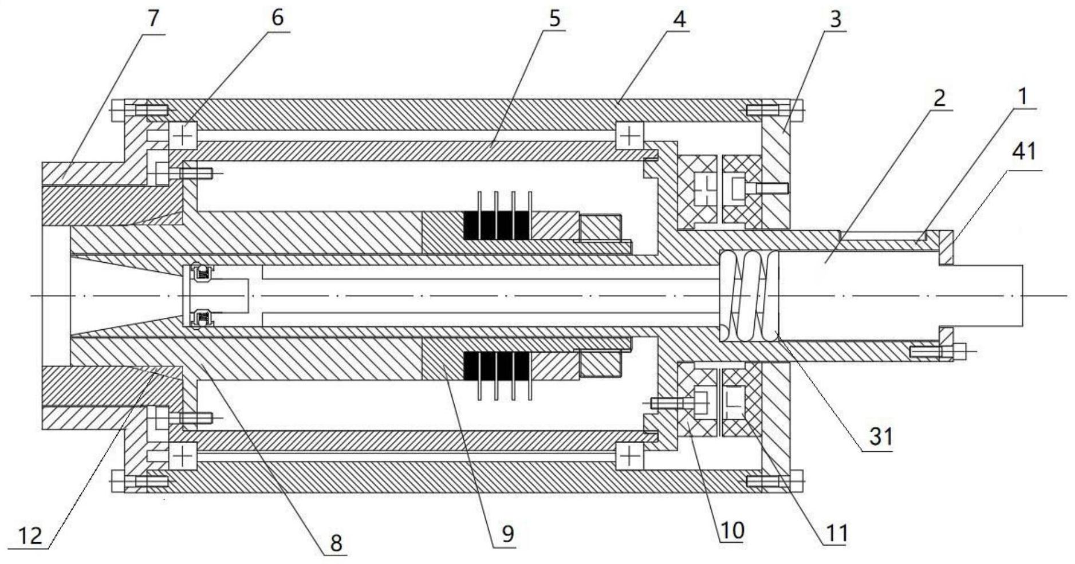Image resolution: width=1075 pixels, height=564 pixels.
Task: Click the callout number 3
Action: pyautogui.click(x=836, y=19)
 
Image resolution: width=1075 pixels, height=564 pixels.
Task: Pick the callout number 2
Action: pyautogui.click(x=939, y=98)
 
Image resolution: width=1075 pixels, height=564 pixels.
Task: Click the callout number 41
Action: pyautogui.click(x=1025, y=152)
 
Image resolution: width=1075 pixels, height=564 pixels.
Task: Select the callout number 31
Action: pyautogui.click(x=881, y=437)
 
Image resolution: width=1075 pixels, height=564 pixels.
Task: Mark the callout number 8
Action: pyautogui.click(x=336, y=542)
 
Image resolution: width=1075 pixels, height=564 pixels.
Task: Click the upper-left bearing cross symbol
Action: pyautogui.click(x=183, y=136)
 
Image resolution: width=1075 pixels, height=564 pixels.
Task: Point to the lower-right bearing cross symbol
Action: pyautogui.click(x=630, y=456)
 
